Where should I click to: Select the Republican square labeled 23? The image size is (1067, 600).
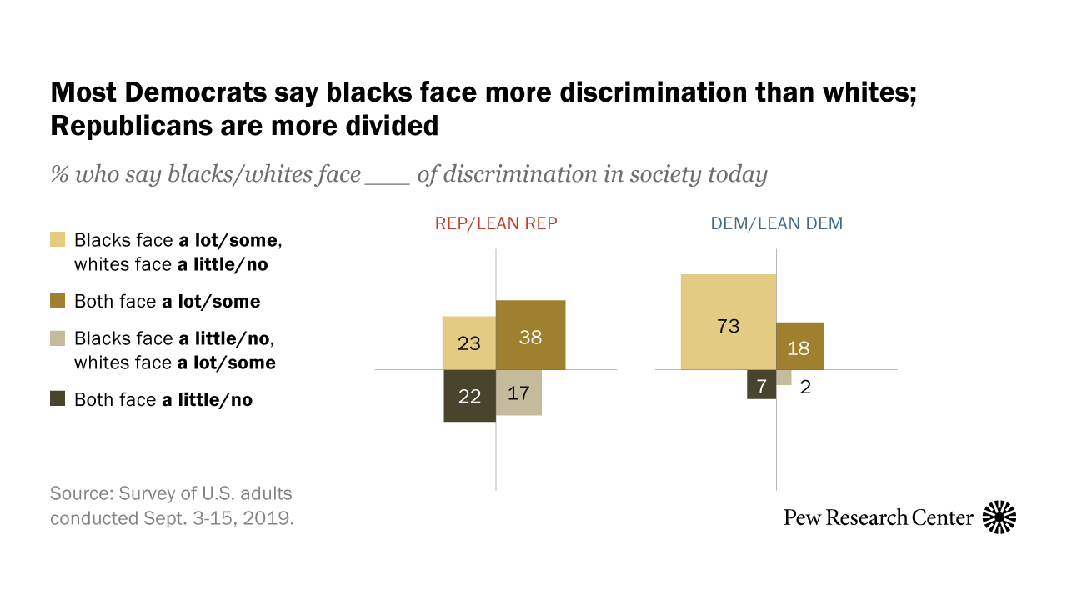point(469,342)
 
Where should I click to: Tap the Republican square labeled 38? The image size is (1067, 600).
point(531,334)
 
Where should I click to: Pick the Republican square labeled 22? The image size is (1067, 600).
point(470,396)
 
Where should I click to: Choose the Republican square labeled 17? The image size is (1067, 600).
point(518,392)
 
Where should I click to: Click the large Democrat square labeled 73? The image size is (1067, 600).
point(729,322)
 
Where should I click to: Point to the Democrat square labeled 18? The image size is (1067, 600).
point(799,346)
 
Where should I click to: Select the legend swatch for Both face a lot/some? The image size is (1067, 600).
point(58,301)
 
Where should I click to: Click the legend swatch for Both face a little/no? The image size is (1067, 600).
point(58,399)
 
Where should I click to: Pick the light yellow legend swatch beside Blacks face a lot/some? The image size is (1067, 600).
point(58,240)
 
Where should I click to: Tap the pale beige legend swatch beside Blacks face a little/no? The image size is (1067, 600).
point(58,338)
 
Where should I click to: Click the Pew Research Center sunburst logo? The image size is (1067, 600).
point(999,517)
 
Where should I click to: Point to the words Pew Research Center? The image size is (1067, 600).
point(878,517)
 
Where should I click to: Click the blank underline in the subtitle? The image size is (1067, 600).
point(388,176)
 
